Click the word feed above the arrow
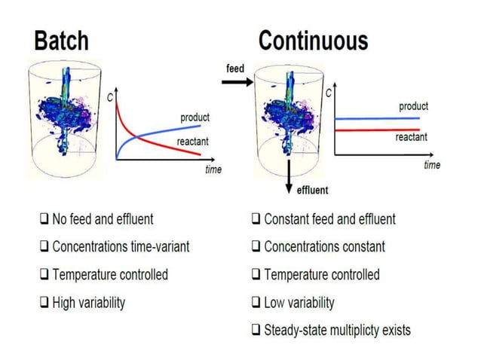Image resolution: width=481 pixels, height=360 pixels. click(x=235, y=69)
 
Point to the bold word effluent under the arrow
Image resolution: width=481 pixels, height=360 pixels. click(x=311, y=190)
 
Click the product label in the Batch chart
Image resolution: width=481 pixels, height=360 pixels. click(x=195, y=117)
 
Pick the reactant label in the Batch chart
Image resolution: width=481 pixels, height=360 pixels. click(x=192, y=141)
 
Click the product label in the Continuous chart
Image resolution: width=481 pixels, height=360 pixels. click(x=413, y=106)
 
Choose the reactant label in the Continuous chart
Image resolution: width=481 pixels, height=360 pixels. click(x=411, y=137)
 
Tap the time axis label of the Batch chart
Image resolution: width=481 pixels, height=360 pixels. click(x=213, y=169)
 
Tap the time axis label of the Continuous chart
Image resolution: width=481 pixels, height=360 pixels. click(x=431, y=165)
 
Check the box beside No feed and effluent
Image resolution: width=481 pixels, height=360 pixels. click(x=44, y=220)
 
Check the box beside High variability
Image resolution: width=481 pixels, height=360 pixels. click(x=44, y=304)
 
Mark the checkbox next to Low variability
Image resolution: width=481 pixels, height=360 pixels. click(x=256, y=304)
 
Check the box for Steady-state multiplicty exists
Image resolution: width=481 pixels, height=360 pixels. click(x=256, y=330)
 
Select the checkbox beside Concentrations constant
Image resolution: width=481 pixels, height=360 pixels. click(x=256, y=247)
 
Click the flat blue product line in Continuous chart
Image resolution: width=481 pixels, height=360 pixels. click(x=377, y=118)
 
